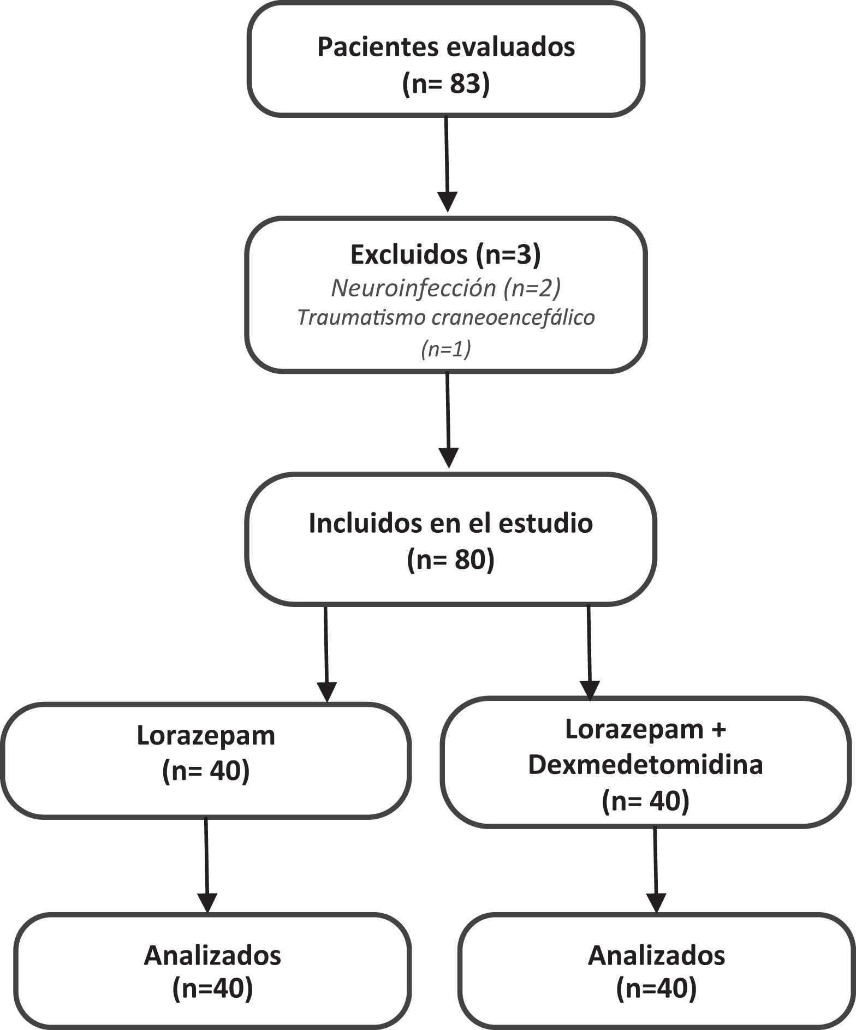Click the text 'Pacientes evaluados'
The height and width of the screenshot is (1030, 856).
pyautogui.click(x=446, y=47)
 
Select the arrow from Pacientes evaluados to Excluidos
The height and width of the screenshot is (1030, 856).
pyautogui.click(x=447, y=164)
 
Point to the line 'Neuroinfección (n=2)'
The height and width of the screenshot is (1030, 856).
pyautogui.click(x=445, y=288)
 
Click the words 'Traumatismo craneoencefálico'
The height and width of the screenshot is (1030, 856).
pyautogui.click(x=445, y=318)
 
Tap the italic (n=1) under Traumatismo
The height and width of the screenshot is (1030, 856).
pyautogui.click(x=445, y=349)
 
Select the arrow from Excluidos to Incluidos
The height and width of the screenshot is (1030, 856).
pyautogui.click(x=448, y=420)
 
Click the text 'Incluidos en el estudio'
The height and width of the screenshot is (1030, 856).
pyautogui.click(x=450, y=523)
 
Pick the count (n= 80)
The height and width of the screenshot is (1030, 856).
pyautogui.click(x=450, y=560)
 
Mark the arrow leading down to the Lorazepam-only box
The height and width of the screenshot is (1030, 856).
pyautogui.click(x=326, y=653)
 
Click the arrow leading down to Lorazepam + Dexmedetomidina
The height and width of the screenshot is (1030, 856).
pyautogui.click(x=590, y=652)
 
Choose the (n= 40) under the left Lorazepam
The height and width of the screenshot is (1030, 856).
pyautogui.click(x=206, y=772)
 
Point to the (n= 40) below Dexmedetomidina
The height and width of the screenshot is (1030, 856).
pyautogui.click(x=645, y=801)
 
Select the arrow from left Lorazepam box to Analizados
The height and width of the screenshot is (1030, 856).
pyautogui.click(x=207, y=865)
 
